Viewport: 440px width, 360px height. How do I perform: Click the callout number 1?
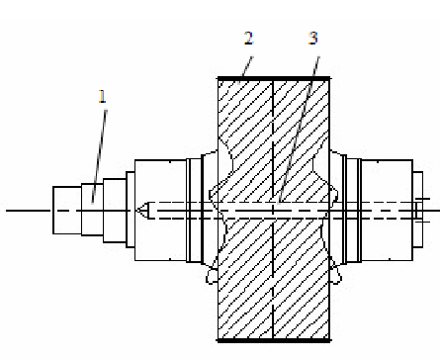(x=103, y=96)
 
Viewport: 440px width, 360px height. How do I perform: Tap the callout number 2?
(x=249, y=39)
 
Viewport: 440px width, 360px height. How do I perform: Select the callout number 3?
(x=313, y=39)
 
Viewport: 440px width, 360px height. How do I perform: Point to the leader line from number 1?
(x=99, y=156)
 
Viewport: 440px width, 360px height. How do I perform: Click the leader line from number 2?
(x=246, y=67)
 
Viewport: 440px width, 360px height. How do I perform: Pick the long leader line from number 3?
(x=299, y=131)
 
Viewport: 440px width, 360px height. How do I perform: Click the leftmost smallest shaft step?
(x=67, y=211)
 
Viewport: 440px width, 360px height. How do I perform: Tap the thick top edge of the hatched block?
(x=274, y=78)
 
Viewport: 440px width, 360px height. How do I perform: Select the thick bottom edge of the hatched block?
(x=274, y=340)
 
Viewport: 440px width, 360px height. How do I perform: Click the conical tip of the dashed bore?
(x=142, y=210)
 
